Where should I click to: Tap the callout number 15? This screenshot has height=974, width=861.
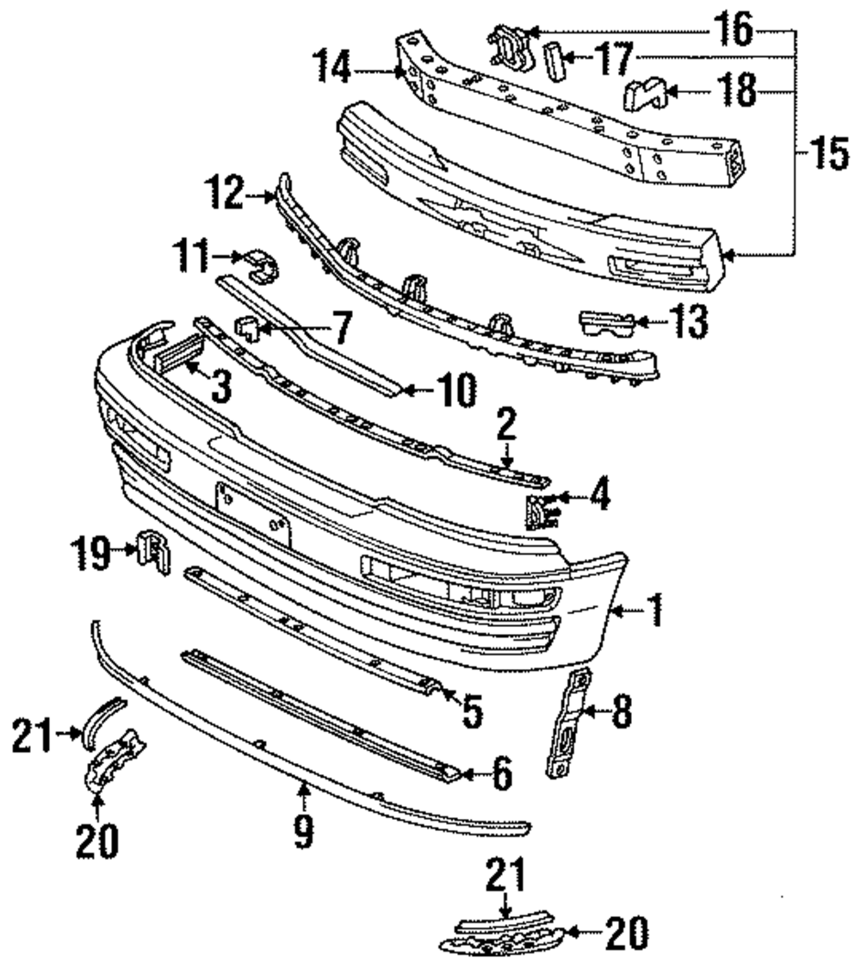829,154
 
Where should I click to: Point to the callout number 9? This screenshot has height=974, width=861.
304,831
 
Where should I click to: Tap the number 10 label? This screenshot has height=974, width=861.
456,390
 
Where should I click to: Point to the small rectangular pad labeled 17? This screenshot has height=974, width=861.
554,61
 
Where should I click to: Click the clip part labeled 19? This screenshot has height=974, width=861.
153,552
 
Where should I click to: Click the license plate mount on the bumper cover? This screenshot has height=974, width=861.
253,515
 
